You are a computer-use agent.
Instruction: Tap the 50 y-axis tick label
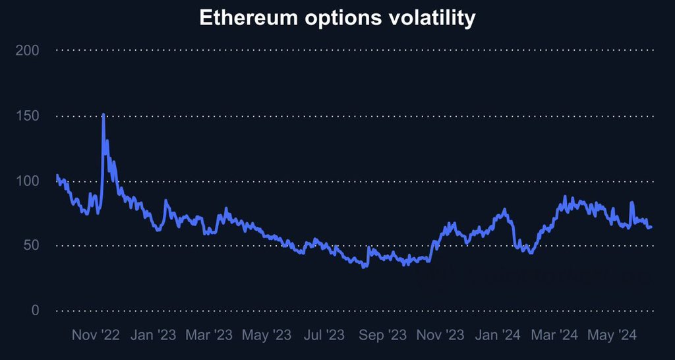click(30, 245)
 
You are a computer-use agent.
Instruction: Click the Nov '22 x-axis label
click(96, 336)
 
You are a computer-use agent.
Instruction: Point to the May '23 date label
click(266, 336)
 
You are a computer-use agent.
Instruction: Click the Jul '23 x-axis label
click(323, 336)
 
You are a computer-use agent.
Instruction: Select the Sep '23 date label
click(382, 336)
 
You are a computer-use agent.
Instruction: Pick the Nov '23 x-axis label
click(440, 336)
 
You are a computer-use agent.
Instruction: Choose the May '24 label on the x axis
click(611, 336)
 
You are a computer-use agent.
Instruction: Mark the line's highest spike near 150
click(103, 115)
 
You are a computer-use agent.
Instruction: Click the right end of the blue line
click(651, 227)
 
